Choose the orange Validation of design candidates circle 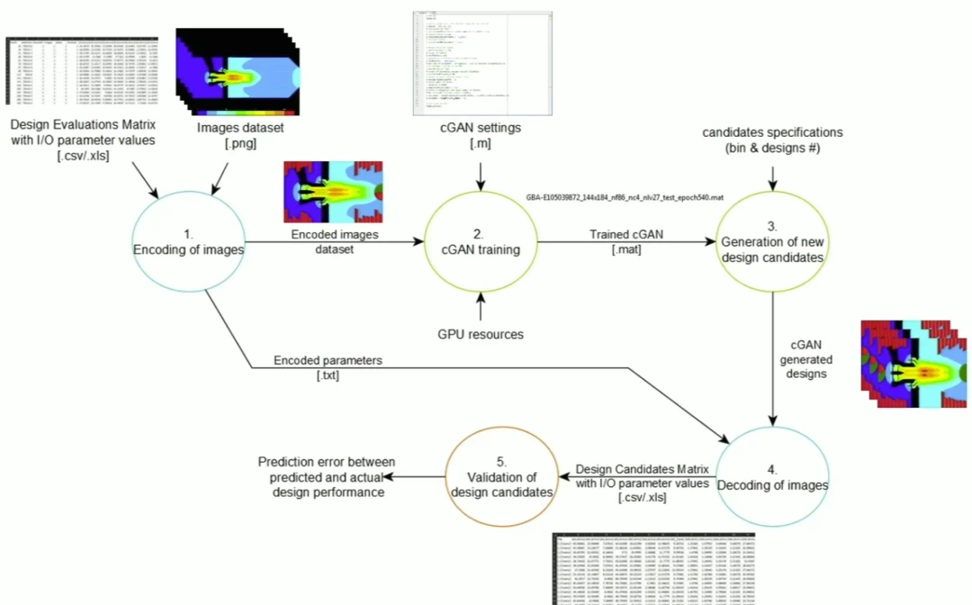(x=501, y=483)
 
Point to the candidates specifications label (x=770, y=140)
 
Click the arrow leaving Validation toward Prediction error (x=421, y=476)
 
